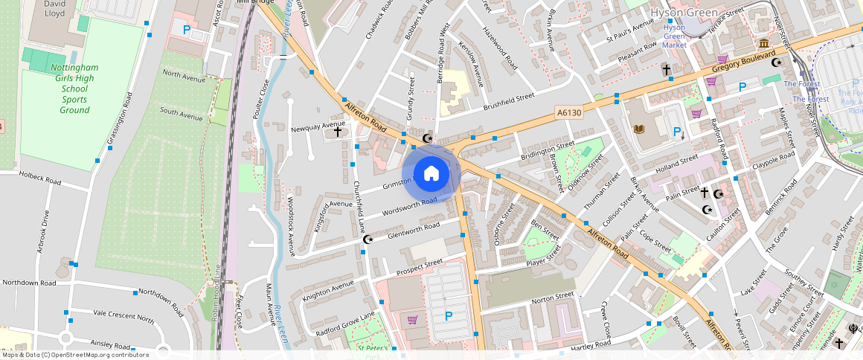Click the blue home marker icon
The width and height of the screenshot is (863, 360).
pos(431,174)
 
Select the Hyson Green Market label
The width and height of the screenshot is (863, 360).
pos(674,36)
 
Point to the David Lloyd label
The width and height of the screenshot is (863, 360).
pos(54,8)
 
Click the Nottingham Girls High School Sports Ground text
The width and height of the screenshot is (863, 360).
pos(74,89)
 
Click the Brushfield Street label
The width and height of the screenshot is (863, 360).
pos(509,101)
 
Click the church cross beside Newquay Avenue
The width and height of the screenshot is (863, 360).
pos(338,132)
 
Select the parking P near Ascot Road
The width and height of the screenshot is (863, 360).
pos(187,30)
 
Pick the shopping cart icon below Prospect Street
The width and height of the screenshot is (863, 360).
pos(412,320)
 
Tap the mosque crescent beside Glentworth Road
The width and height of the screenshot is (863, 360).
pos(367,240)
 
